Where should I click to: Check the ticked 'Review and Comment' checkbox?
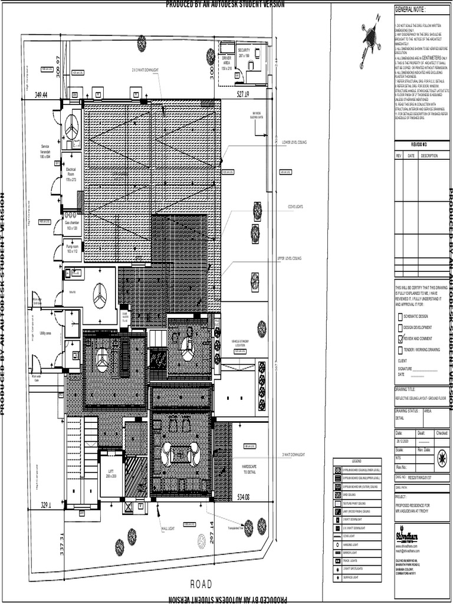coord(401,339)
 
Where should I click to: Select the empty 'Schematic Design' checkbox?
coord(401,316)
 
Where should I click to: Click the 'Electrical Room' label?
coord(71,172)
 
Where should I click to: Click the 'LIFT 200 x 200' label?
coord(110,473)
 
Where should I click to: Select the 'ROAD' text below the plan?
coord(200,584)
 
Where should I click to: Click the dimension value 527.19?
coord(244,94)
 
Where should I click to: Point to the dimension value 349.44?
coord(41,94)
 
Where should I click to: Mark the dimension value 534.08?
coord(243,497)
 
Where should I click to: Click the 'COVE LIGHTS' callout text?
coord(295,207)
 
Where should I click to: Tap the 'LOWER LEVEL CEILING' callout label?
coord(294,142)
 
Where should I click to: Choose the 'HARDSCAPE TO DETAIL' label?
coord(250,469)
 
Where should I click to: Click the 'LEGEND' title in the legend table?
coord(356,460)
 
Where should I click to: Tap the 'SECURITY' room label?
coord(244,51)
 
